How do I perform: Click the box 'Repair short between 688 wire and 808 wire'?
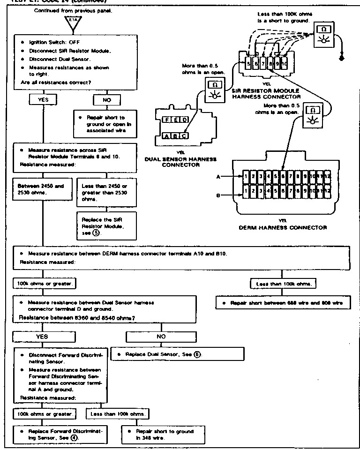(283, 303)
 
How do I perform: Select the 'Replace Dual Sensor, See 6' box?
(178, 354)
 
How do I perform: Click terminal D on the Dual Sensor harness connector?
(185, 120)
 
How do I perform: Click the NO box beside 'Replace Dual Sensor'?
(161, 337)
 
